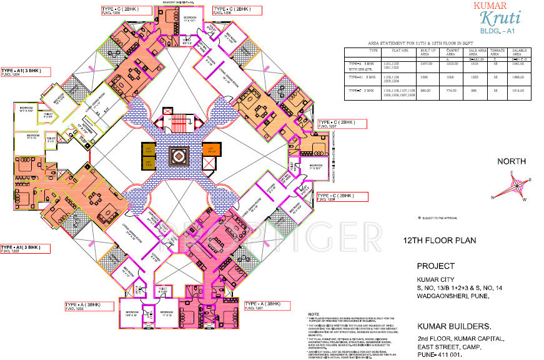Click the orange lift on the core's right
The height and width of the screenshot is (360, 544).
(x=209, y=150)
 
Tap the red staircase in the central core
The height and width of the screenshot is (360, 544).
(x=177, y=119)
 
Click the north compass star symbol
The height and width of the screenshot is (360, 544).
(x=517, y=186)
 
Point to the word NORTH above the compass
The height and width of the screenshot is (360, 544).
(x=511, y=161)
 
